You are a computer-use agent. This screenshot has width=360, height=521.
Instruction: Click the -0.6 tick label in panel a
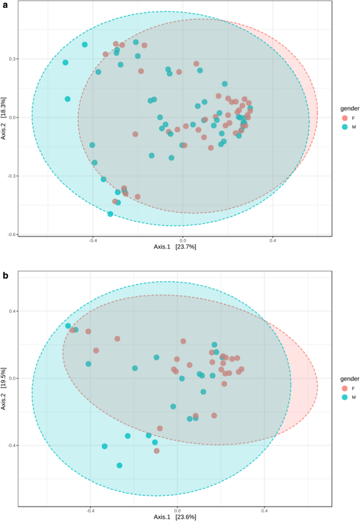coord(11,234)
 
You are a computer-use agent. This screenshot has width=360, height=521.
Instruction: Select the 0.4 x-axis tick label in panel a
coord(273,241)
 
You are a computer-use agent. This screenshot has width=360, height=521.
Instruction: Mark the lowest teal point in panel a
coord(110,214)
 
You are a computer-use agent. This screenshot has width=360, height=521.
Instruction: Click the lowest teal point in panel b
coord(119,465)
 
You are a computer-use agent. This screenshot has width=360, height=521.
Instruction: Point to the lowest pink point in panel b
coord(157,451)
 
